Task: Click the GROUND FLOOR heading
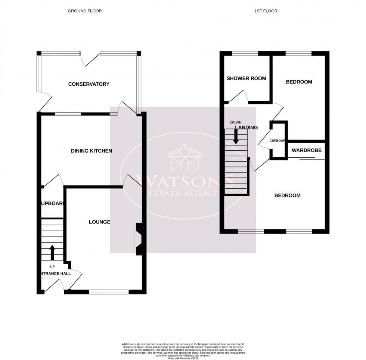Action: pyautogui.click(x=84, y=11)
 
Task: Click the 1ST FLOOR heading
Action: pyautogui.click(x=266, y=11)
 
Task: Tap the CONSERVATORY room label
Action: pyautogui.click(x=89, y=84)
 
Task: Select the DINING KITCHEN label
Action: pyautogui.click(x=91, y=151)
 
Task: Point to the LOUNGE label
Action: pyautogui.click(x=99, y=222)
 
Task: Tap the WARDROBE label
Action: pyautogui.click(x=304, y=151)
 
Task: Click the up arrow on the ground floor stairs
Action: pyautogui.click(x=52, y=252)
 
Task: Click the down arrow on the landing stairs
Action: pyautogui.click(x=236, y=137)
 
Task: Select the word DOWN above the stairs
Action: pyautogui.click(x=236, y=122)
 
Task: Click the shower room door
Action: pyautogui.click(x=237, y=96)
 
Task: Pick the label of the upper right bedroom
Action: pyautogui.click(x=299, y=82)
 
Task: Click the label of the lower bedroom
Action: pyautogui.click(x=287, y=195)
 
